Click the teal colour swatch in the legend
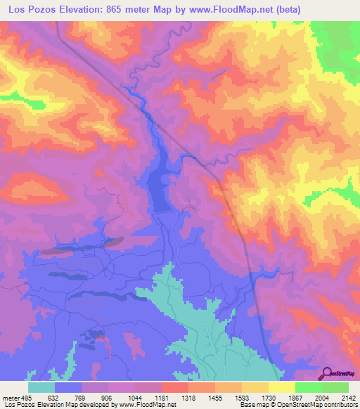click(41, 387)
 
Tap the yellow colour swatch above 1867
click(282, 387)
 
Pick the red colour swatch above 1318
click(175, 387)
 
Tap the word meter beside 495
click(11, 397)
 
